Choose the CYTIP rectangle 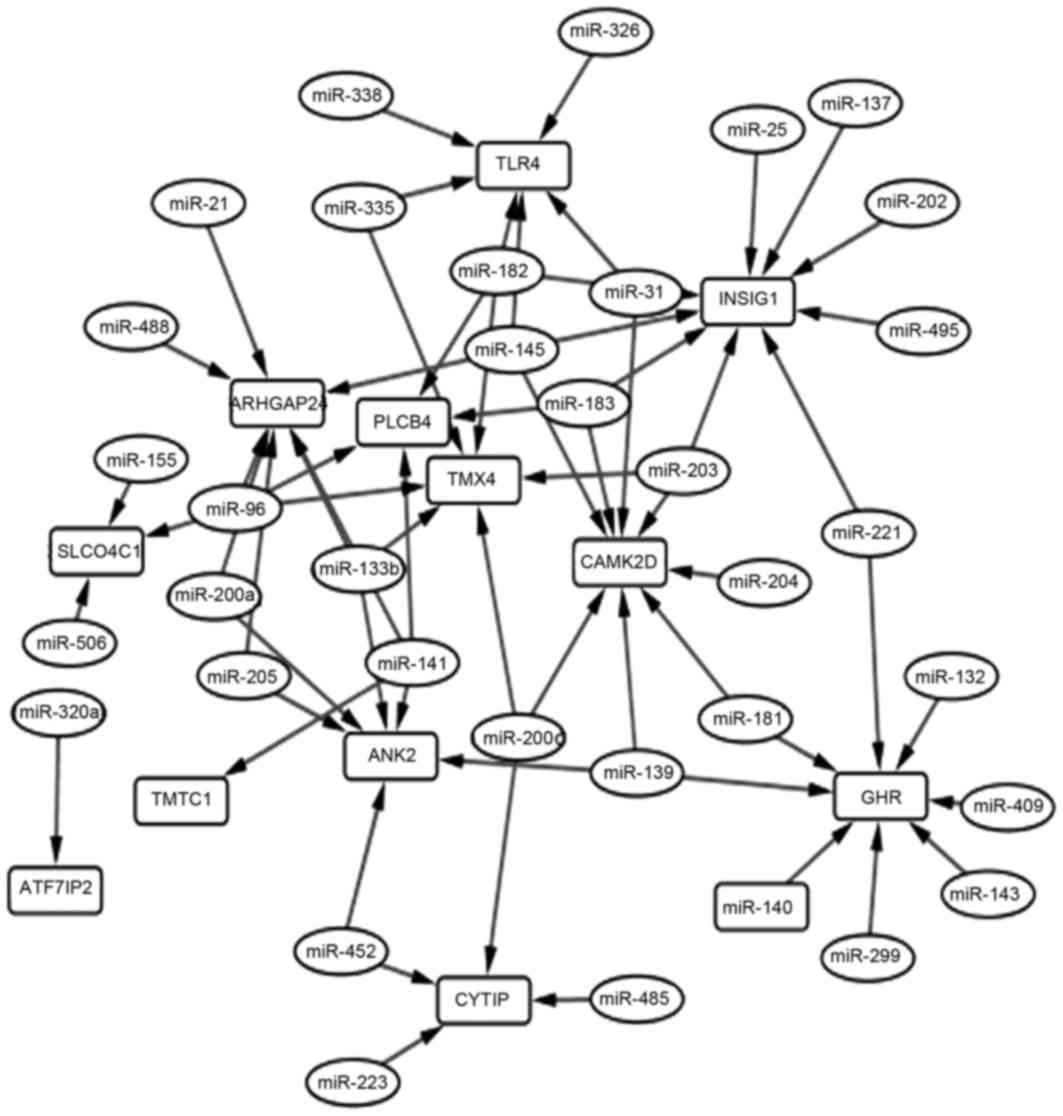coord(484,998)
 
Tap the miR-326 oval coord(604,31)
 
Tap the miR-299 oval coord(868,956)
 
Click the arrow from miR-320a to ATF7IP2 coord(56,800)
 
